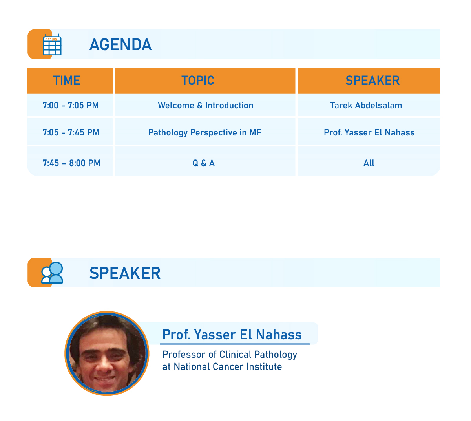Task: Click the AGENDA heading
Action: [120, 44]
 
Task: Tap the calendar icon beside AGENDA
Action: [52, 44]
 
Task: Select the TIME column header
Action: [67, 81]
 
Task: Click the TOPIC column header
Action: [197, 81]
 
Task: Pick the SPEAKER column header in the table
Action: [372, 81]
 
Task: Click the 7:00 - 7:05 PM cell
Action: [70, 105]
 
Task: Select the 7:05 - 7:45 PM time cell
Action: [71, 132]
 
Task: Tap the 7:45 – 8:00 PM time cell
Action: [71, 163]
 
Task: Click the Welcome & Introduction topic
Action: [206, 105]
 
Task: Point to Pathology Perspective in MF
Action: [205, 133]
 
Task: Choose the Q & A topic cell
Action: [203, 163]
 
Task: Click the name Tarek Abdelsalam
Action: [366, 105]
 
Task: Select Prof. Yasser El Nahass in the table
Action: [369, 132]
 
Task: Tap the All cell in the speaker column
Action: [369, 163]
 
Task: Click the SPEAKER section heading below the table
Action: [125, 273]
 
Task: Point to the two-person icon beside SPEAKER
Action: [52, 273]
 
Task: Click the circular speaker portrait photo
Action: [107, 353]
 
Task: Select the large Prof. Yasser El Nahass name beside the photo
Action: [232, 335]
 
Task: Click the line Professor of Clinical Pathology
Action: [230, 355]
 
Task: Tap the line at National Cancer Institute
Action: [222, 367]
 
